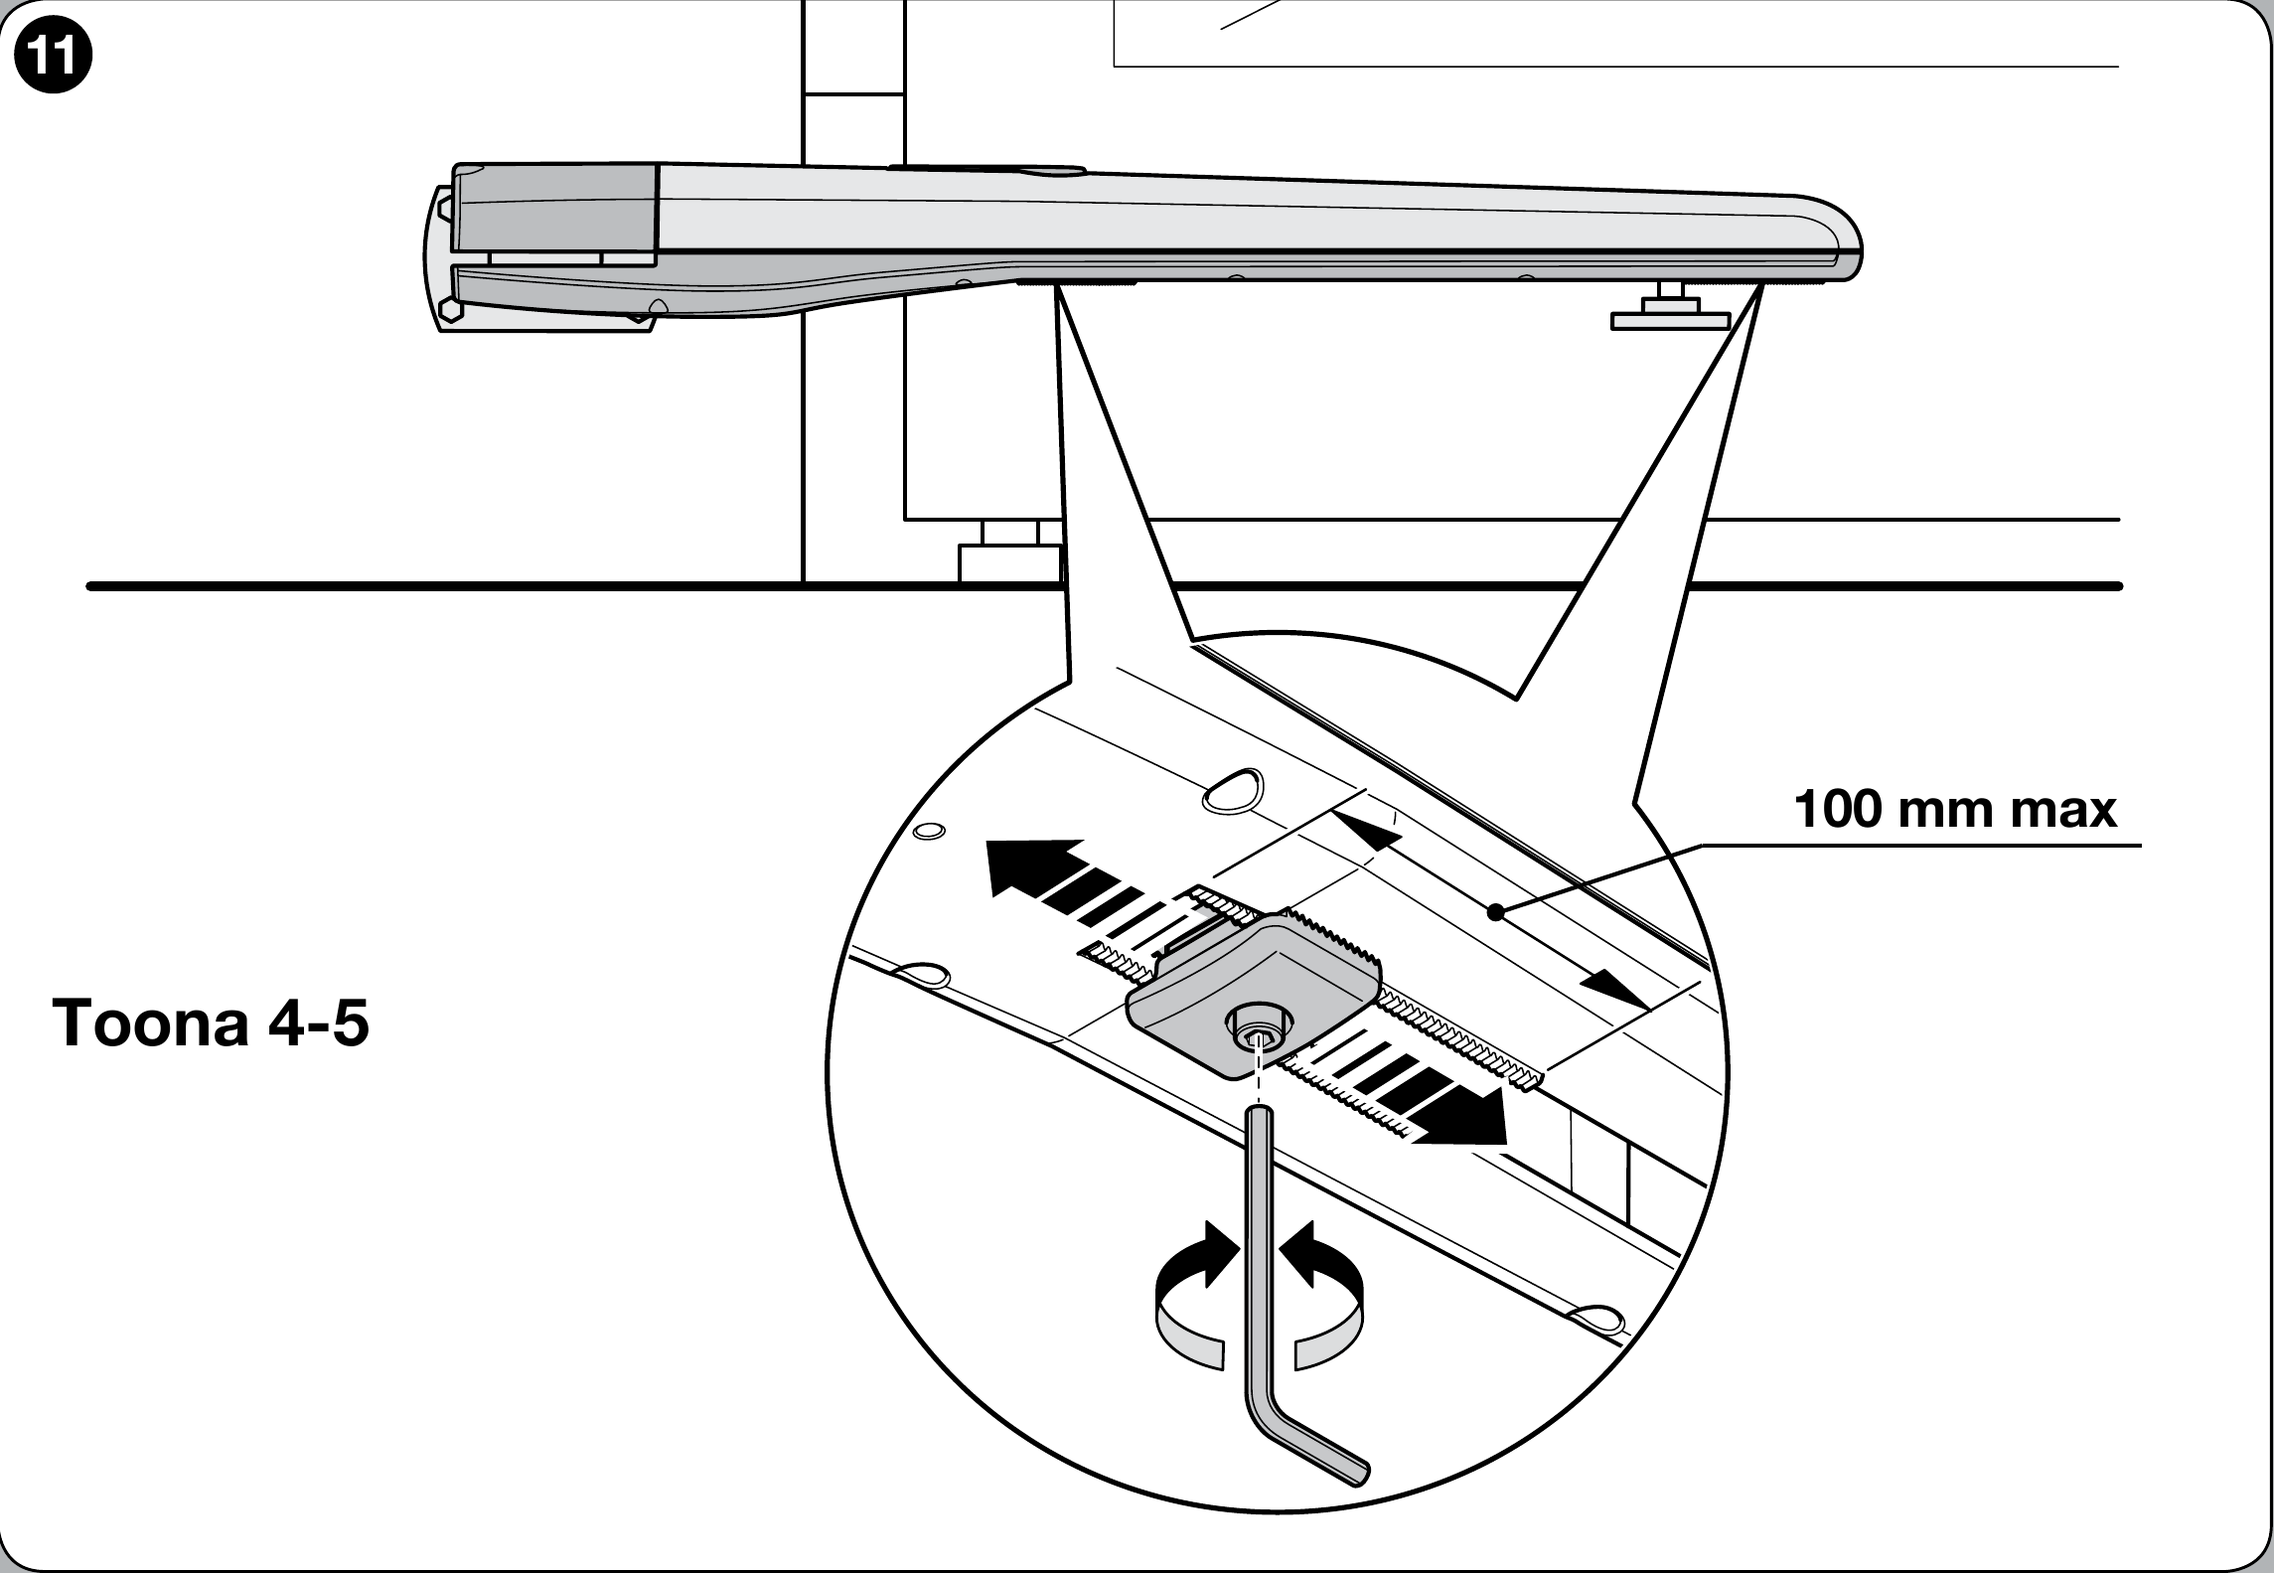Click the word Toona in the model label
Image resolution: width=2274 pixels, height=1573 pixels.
tap(149, 1023)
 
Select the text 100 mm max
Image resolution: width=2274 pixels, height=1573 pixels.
tap(1956, 809)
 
